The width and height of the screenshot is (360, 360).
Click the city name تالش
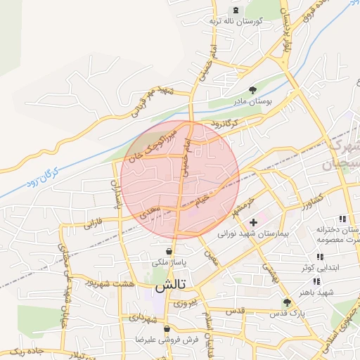169,285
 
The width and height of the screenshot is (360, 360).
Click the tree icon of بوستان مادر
253,89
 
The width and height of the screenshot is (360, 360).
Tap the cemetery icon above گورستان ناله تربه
235,11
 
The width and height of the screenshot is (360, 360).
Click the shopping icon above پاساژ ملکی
169,251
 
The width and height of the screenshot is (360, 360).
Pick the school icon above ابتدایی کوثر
320,257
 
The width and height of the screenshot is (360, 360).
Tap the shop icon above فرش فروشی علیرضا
167,328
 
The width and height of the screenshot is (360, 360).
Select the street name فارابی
94,225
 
